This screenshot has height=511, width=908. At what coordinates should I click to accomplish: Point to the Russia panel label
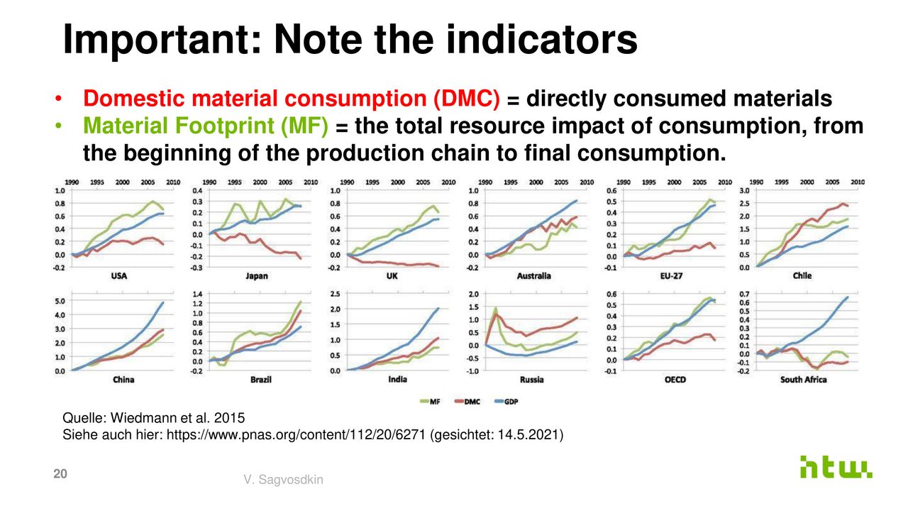click(531, 380)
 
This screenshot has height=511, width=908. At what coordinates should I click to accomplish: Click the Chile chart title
click(802, 275)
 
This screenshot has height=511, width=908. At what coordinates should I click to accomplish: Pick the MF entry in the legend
click(428, 402)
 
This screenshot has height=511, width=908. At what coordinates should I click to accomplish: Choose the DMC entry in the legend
click(468, 402)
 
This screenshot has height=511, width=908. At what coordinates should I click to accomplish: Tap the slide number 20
click(61, 475)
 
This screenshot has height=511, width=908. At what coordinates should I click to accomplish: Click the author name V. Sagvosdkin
click(282, 480)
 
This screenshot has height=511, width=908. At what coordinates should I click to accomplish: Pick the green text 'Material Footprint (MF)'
click(206, 126)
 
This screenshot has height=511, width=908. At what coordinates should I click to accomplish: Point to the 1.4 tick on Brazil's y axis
click(197, 294)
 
